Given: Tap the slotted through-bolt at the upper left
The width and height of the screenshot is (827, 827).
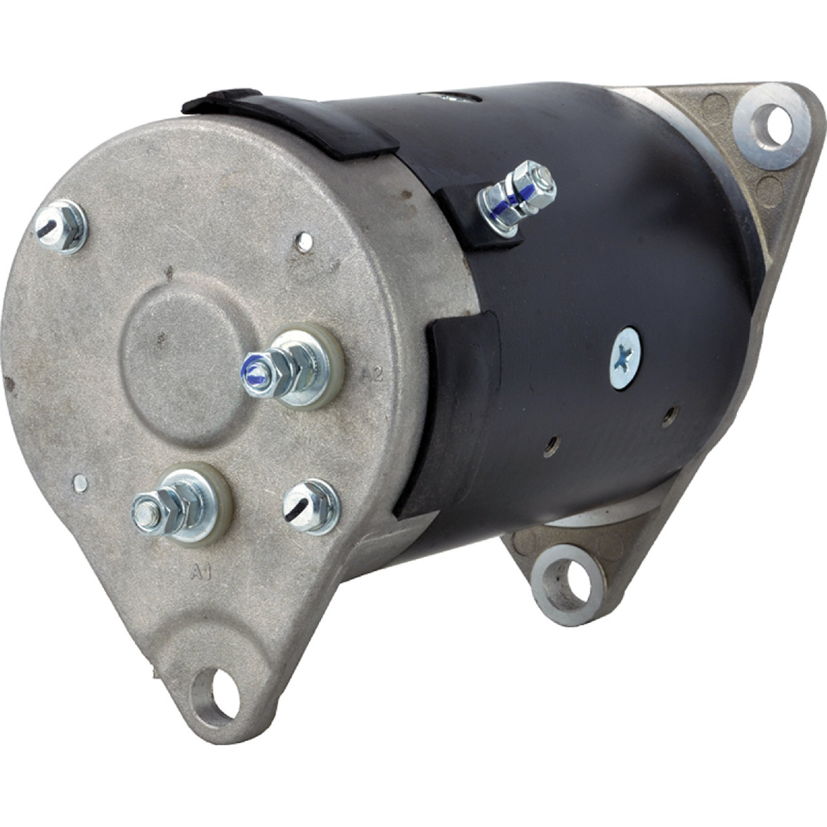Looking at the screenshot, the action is coord(60,227).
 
